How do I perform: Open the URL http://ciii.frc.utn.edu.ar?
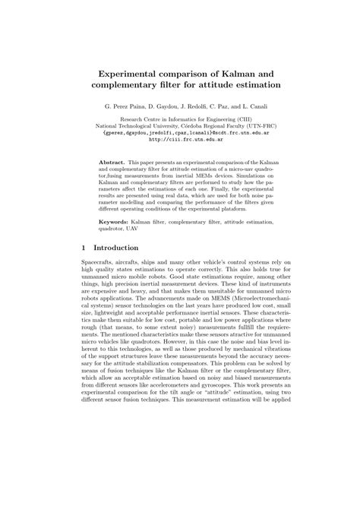pyautogui.click(x=179, y=139)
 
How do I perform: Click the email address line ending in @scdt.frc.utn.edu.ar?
pyautogui.click(x=179, y=132)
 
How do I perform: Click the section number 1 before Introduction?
pyautogui.click(x=82, y=248)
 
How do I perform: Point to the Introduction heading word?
pyautogui.click(x=115, y=248)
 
